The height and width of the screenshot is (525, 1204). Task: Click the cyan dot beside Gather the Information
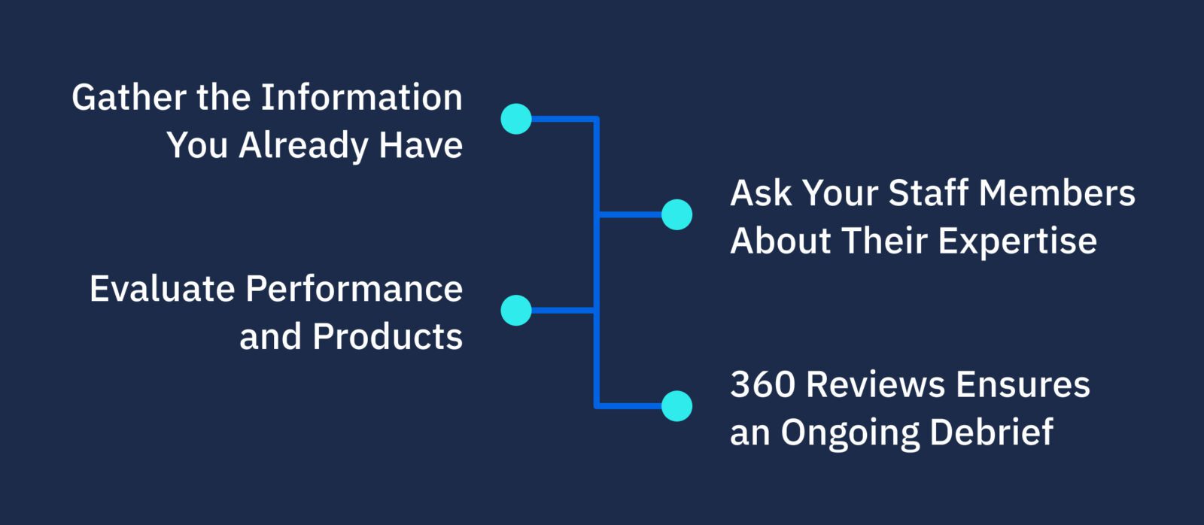516,119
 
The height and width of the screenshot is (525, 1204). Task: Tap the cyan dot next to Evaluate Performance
516,310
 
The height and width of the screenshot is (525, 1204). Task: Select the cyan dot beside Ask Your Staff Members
676,214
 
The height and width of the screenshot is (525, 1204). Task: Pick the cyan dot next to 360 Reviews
676,406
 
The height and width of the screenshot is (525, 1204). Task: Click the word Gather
129,98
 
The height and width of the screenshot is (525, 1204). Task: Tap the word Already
303,145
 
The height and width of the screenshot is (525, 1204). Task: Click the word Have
421,145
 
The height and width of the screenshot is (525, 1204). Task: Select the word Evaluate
161,289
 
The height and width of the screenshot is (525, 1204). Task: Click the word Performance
354,289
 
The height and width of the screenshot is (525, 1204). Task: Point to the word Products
387,336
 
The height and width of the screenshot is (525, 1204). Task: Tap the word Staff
928,193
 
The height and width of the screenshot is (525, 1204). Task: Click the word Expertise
1017,241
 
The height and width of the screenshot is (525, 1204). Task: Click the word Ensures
1023,384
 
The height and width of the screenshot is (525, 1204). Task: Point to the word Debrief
991,432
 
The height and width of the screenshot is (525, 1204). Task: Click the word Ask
761,193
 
